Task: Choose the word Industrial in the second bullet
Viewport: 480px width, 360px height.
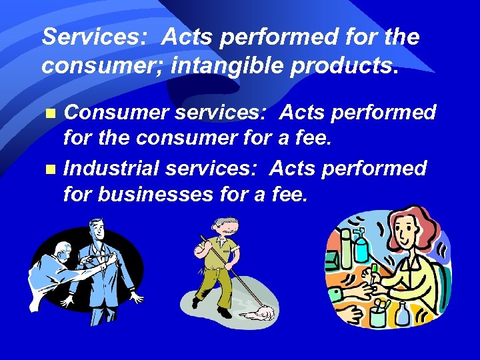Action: point(111,169)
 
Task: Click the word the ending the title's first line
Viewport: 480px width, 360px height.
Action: point(401,37)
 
